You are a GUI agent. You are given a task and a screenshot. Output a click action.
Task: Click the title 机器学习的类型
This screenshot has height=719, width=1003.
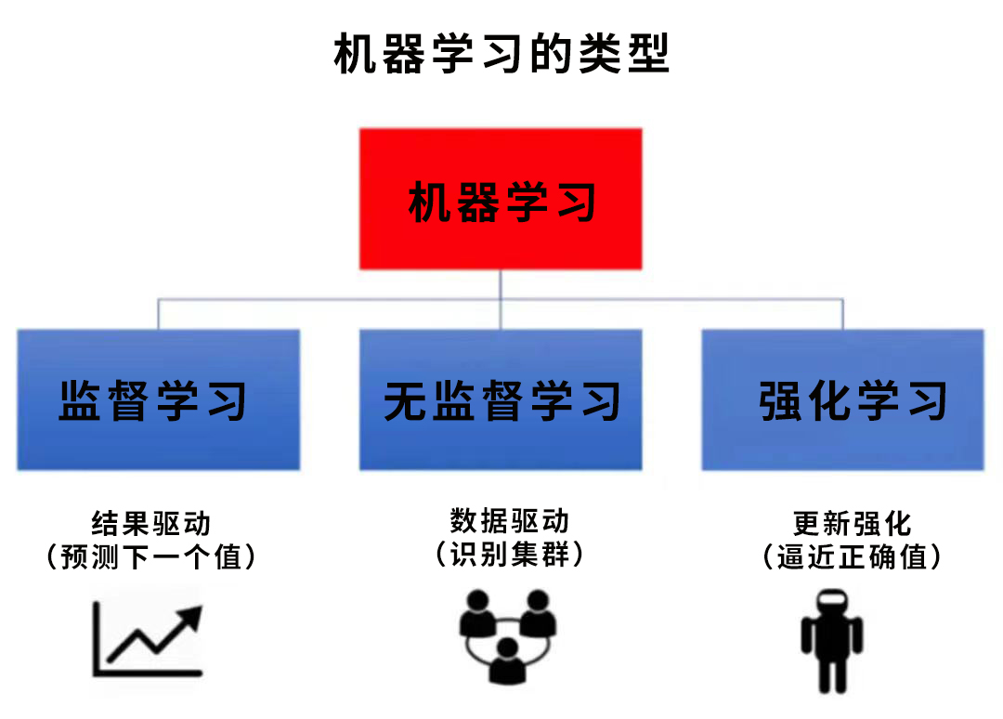click(501, 54)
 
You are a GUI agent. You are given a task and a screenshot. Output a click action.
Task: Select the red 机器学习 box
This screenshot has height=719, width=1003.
click(501, 199)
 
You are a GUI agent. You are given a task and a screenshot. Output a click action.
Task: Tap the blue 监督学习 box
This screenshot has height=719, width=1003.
click(159, 399)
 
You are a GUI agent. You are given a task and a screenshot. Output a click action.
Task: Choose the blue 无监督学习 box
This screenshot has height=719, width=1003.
click(501, 399)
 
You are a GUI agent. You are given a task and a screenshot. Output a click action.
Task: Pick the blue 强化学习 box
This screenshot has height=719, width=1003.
click(843, 399)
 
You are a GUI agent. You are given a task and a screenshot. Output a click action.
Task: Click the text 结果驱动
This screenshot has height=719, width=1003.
click(151, 523)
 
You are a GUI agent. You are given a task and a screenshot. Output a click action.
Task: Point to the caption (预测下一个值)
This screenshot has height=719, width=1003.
click(151, 556)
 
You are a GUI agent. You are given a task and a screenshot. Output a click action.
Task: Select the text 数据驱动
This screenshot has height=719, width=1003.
click(509, 521)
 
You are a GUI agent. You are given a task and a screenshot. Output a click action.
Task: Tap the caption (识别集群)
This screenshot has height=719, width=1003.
click(509, 554)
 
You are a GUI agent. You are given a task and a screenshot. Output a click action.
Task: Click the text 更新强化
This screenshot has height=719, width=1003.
click(852, 523)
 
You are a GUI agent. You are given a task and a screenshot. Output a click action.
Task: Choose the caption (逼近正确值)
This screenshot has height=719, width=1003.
click(852, 556)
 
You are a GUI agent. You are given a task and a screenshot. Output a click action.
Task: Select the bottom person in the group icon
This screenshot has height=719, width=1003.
click(507, 661)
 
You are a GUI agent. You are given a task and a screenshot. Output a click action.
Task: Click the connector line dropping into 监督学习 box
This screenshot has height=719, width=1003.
click(158, 314)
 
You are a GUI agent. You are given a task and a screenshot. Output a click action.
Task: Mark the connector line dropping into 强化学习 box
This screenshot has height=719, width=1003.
click(843, 314)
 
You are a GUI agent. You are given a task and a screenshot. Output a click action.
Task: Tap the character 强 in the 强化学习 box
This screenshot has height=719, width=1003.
click(780, 401)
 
